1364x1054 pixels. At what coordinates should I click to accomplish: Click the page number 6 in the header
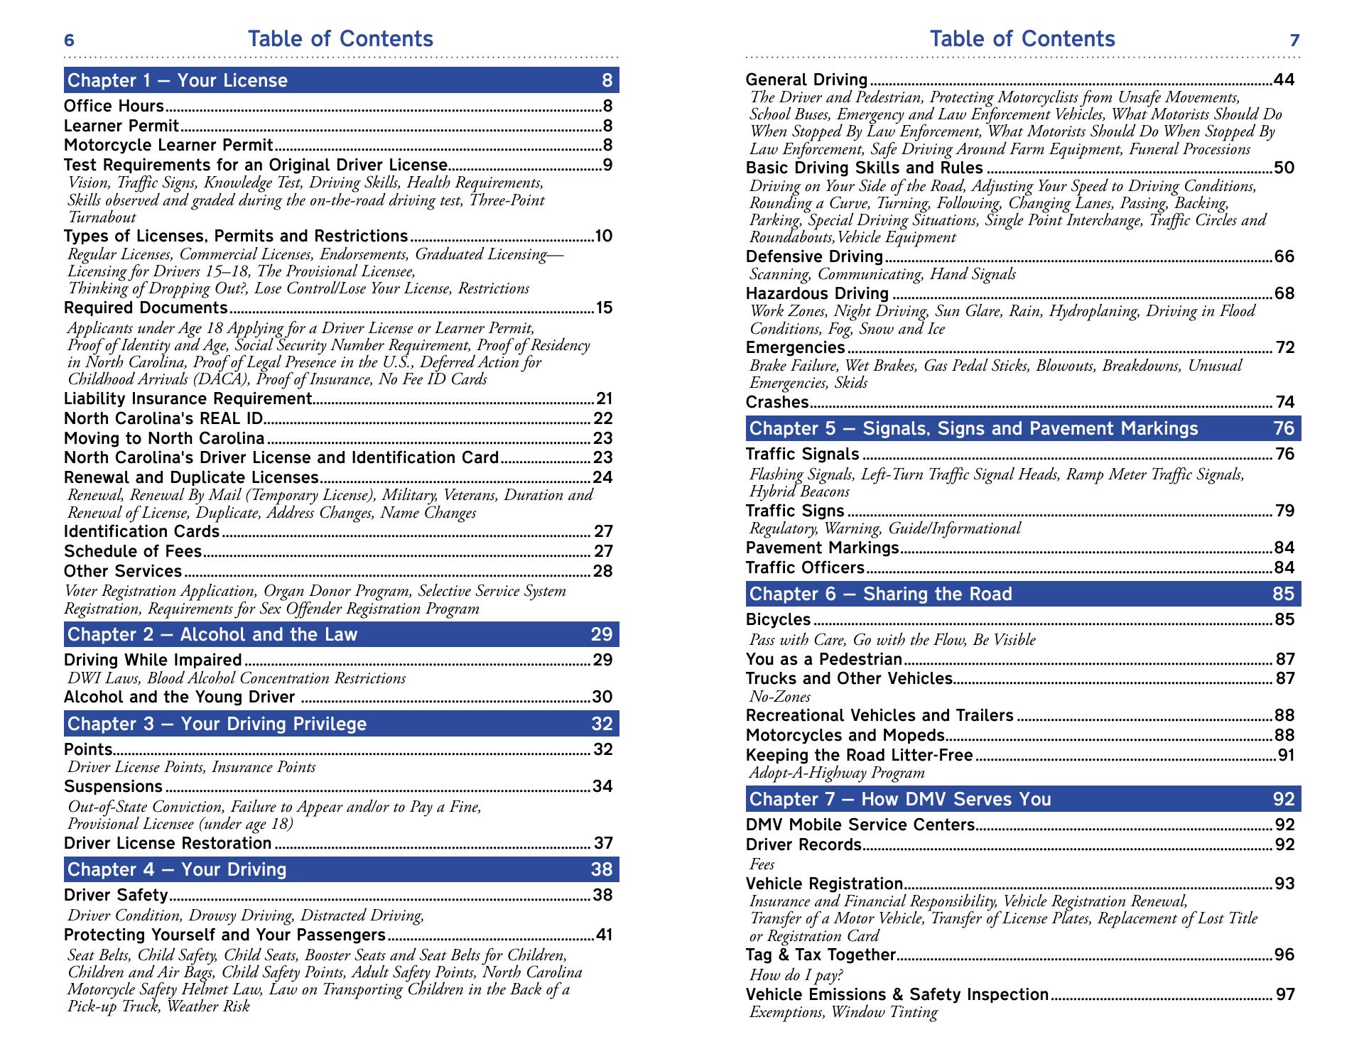(69, 40)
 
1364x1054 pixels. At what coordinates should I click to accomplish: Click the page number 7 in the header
(1294, 40)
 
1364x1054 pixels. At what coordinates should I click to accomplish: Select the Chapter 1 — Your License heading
(178, 80)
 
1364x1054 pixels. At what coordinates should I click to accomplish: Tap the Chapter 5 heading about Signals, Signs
(973, 428)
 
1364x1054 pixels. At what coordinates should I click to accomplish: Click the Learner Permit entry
(121, 126)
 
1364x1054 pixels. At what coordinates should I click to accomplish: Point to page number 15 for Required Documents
(603, 308)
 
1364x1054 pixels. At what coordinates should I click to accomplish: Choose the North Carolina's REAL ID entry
(163, 419)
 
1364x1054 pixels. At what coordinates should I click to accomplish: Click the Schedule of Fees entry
(133, 551)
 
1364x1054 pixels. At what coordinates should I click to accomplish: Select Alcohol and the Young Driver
(179, 697)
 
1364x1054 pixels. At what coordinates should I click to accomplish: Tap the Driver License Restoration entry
(168, 843)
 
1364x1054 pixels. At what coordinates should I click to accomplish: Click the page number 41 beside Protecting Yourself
(603, 935)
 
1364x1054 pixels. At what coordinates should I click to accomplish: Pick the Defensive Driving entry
(814, 256)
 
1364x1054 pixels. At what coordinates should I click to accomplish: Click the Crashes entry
(777, 403)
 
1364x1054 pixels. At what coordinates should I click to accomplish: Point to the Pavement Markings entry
(822, 548)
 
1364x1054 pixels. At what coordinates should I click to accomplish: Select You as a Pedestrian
(823, 659)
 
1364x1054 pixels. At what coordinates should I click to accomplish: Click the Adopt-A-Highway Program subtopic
(837, 773)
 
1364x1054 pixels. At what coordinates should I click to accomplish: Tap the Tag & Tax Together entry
(821, 955)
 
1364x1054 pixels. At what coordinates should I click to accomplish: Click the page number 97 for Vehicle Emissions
(1285, 994)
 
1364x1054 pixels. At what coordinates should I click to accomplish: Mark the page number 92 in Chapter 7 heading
(1284, 799)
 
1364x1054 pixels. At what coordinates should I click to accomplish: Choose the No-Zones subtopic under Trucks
(779, 697)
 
